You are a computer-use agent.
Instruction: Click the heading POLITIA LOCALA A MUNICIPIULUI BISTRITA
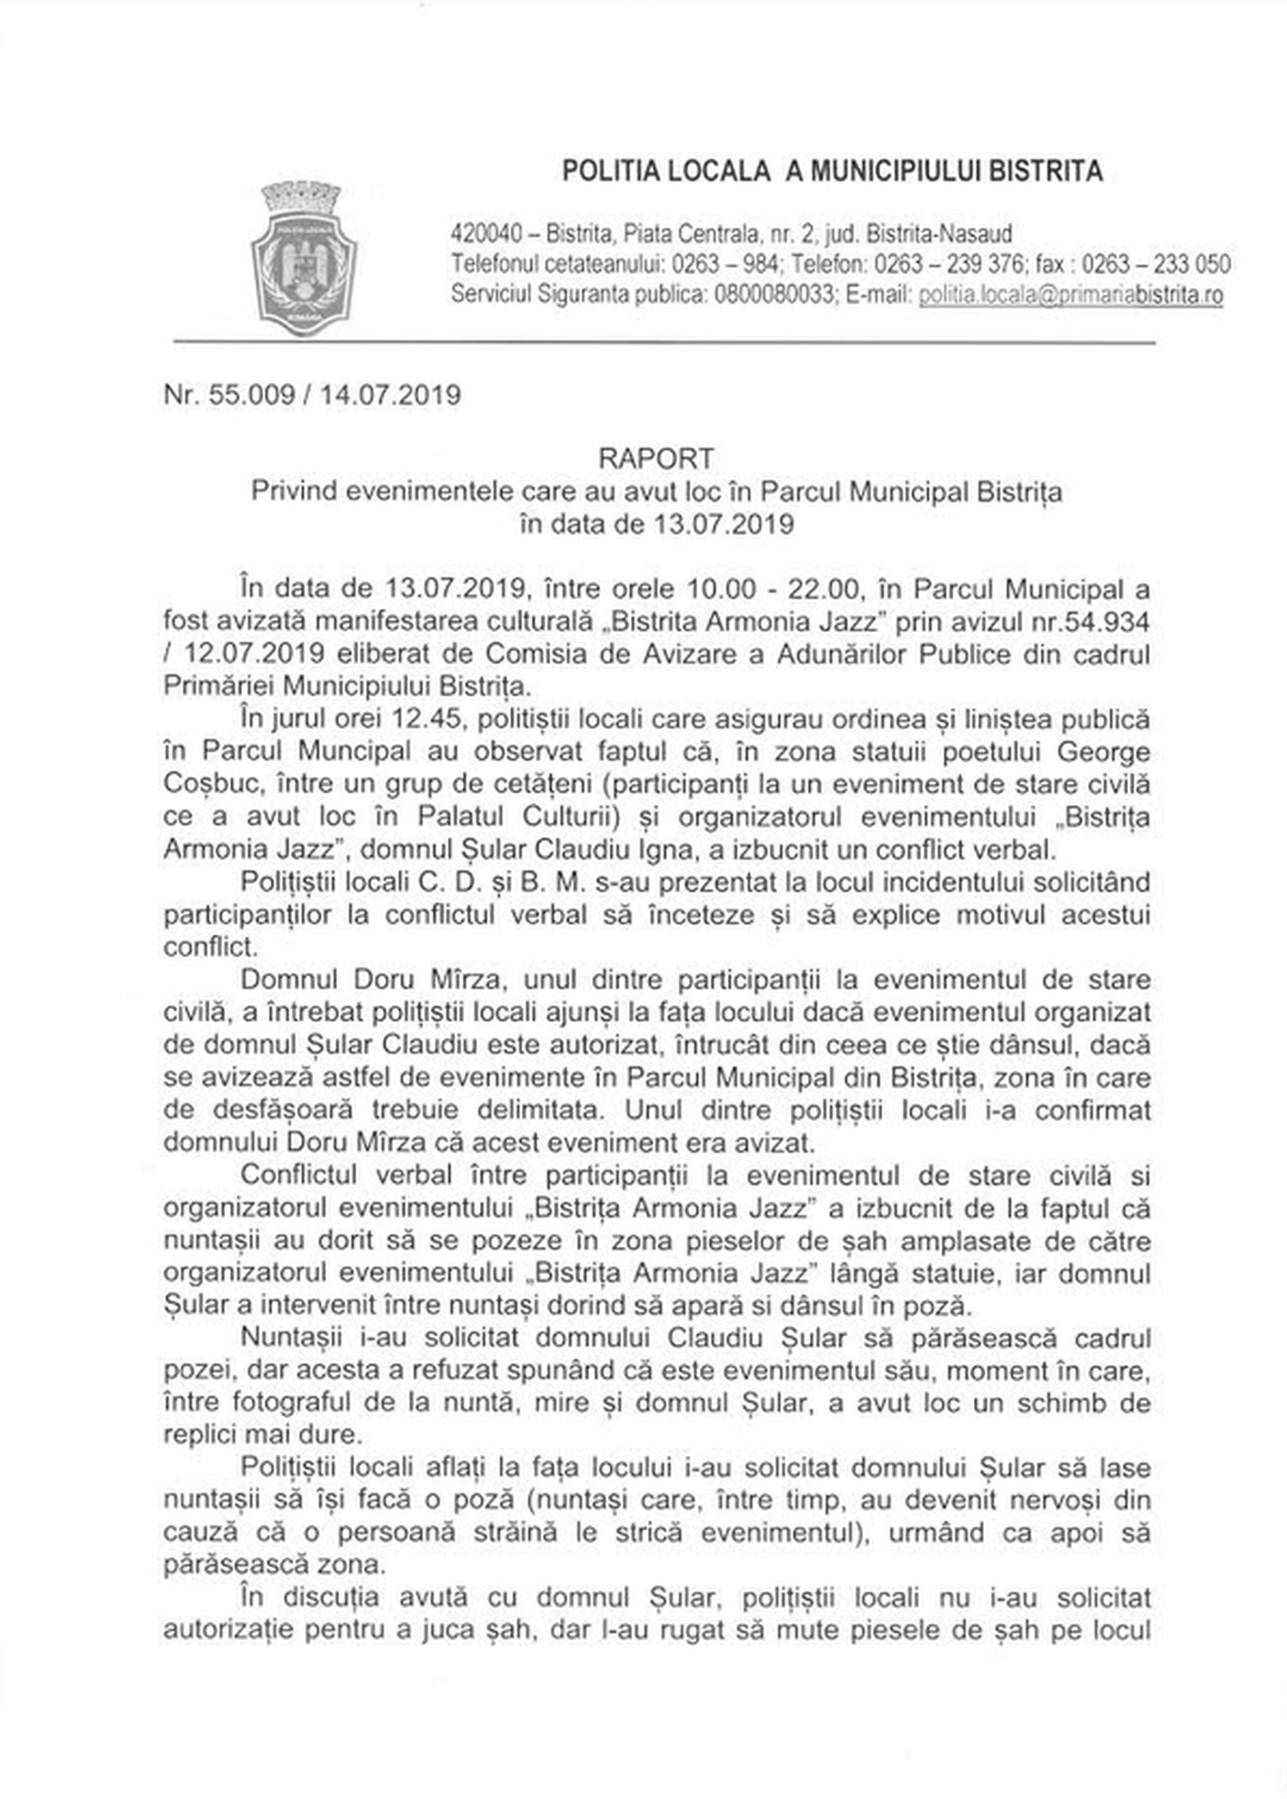coord(832,170)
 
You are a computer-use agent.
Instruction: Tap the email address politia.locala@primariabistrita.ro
coord(1070,295)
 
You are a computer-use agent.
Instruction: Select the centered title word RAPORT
coord(656,458)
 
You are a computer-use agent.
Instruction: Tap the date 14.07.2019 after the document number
coord(390,394)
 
